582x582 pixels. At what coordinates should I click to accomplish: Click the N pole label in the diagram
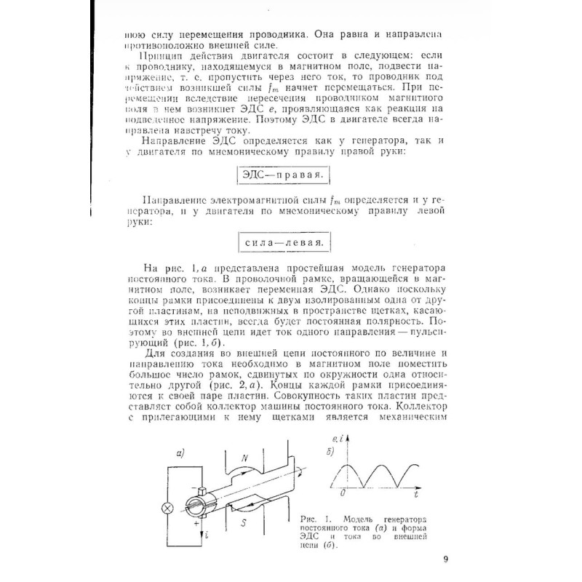[x=245, y=458]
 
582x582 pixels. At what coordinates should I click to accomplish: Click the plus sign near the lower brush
[x=195, y=522]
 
